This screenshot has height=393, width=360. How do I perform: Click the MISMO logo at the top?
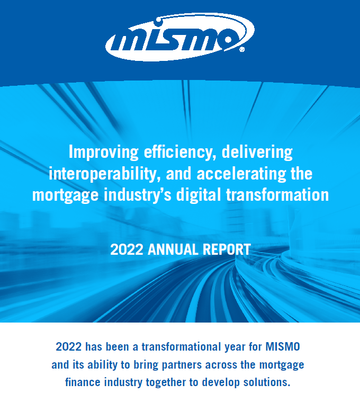(x=180, y=37)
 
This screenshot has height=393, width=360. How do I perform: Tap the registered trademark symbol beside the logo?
(x=242, y=49)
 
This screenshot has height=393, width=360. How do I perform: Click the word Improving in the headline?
(x=103, y=153)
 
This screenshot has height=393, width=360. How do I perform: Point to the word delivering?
(x=257, y=153)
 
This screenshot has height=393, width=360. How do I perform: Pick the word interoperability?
(x=104, y=174)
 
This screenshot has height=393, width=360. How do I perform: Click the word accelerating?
(x=241, y=174)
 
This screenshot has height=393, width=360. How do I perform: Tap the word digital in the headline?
(x=199, y=195)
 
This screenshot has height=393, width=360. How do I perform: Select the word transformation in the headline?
(x=277, y=195)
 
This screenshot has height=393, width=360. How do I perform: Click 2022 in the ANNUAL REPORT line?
(x=127, y=249)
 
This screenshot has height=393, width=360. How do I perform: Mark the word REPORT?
(x=227, y=249)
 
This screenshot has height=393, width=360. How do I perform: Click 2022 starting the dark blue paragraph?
(x=69, y=347)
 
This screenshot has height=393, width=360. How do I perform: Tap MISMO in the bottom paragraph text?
(x=283, y=347)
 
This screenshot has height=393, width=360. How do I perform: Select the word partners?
(x=182, y=365)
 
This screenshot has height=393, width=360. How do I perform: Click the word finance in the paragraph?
(x=82, y=382)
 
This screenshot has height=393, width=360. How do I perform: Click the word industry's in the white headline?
(x=138, y=195)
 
